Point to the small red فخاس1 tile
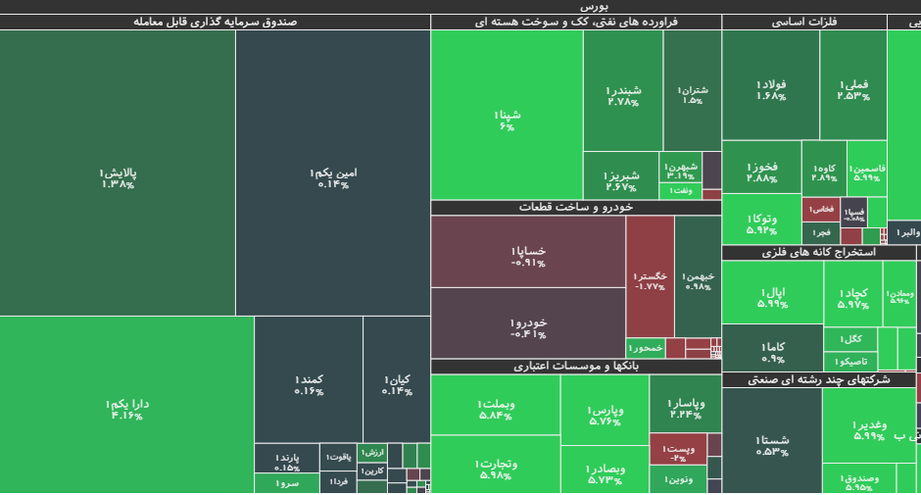tap(821, 209)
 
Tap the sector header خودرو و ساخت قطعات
tap(576, 208)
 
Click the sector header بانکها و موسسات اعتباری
tap(576, 367)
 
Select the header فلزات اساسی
tap(803, 22)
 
